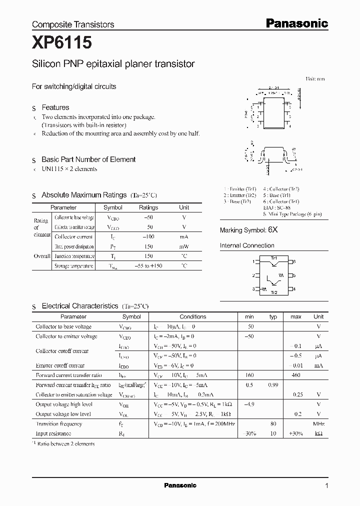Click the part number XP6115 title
coord(62,43)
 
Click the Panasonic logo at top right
coord(296,23)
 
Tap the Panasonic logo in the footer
coord(180,485)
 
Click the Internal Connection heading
coord(247,245)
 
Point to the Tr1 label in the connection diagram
coord(273,257)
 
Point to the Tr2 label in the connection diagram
coord(273,292)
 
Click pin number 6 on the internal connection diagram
coord(294,261)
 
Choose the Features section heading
coord(55,107)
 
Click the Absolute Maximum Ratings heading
coord(77,195)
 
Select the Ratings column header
coord(148,207)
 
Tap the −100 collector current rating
coord(148,236)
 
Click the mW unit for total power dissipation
coord(184,246)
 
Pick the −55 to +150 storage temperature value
coord(148,266)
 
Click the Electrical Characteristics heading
coord(80,305)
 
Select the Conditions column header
coord(193,316)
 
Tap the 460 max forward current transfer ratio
coord(296,375)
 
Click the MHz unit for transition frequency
coord(318,423)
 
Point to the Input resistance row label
coord(53,433)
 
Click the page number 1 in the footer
coord(326,485)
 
